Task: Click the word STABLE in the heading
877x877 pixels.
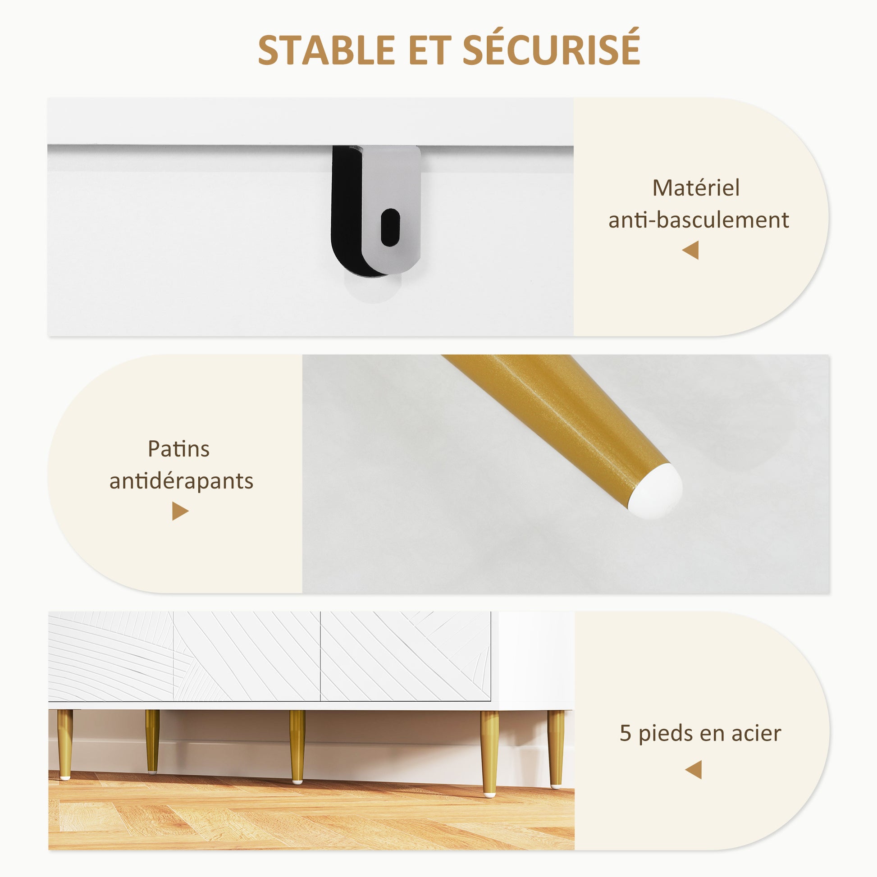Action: click(326, 50)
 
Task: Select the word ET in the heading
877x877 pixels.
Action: click(429, 50)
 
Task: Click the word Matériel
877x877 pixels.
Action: click(696, 187)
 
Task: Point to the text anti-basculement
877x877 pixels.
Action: click(699, 220)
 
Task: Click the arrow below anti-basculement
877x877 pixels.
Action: click(690, 250)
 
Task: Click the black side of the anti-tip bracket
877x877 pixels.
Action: click(350, 211)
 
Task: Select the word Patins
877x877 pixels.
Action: click(178, 448)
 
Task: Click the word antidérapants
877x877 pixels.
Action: click(181, 481)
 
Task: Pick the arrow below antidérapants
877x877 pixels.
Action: click(180, 511)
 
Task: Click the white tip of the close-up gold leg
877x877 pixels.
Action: click(657, 491)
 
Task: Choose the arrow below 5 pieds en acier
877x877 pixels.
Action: click(693, 770)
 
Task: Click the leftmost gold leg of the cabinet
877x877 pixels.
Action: click(65, 745)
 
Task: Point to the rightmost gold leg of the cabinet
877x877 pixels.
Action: click(556, 749)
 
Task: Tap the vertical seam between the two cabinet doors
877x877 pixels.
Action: click(320, 656)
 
